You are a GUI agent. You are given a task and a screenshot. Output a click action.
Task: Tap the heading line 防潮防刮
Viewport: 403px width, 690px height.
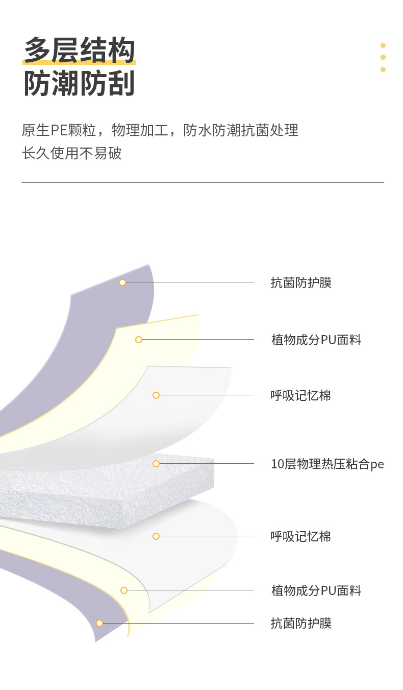[79, 83]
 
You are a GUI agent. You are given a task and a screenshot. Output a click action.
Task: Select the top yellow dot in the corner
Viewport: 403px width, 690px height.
[383, 45]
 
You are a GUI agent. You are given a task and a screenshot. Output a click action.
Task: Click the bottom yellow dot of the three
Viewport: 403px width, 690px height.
[383, 69]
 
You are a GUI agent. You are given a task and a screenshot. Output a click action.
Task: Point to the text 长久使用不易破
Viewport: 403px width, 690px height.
[72, 153]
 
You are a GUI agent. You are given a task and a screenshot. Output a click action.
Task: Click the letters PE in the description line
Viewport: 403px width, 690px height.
[60, 131]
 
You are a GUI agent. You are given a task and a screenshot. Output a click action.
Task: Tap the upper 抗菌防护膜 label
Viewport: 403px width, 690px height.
[301, 282]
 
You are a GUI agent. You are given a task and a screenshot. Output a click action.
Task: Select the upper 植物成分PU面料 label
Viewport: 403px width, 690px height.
[316, 340]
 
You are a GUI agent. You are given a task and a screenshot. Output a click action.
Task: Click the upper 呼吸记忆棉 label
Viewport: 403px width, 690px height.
[301, 395]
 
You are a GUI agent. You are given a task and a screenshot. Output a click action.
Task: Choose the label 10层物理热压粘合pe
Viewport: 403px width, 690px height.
[327, 464]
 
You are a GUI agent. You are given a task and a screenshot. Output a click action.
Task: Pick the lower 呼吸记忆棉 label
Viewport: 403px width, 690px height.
[301, 536]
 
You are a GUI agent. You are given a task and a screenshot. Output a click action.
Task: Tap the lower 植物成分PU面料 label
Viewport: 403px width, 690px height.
[316, 591]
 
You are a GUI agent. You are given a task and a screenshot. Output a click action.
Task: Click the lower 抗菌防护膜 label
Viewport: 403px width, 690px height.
[301, 623]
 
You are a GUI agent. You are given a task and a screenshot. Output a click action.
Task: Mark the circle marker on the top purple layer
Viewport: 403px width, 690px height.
[122, 282]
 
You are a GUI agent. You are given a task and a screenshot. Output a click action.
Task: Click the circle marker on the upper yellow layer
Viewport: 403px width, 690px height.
[139, 340]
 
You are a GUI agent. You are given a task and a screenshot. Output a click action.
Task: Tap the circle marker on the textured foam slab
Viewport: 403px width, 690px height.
[156, 464]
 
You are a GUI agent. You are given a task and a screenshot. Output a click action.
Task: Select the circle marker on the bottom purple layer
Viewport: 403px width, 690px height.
[99, 623]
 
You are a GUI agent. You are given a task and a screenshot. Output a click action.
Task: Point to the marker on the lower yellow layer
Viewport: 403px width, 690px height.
[124, 590]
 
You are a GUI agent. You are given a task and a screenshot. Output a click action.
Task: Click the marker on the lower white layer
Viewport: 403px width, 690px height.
[156, 536]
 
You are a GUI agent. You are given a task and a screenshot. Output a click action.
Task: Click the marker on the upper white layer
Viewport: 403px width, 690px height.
[156, 395]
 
